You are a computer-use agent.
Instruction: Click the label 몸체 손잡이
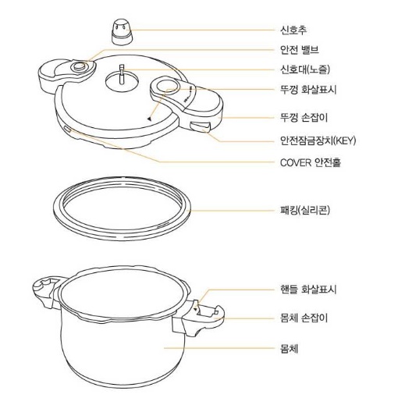pos(304,318)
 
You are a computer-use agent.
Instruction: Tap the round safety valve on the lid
pos(78,69)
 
